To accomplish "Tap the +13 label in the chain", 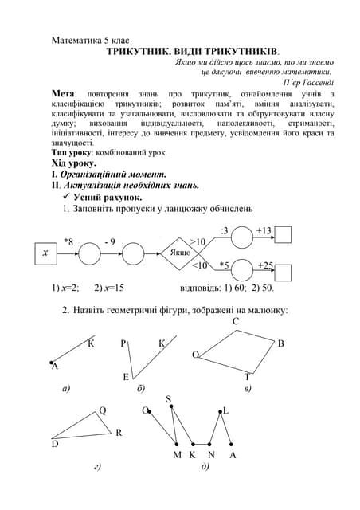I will click(x=264, y=231).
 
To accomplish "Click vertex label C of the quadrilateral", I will click(x=236, y=321).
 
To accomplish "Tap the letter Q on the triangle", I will click(x=103, y=411).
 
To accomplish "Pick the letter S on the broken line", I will click(x=169, y=398).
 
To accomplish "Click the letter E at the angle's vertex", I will click(x=125, y=376).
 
